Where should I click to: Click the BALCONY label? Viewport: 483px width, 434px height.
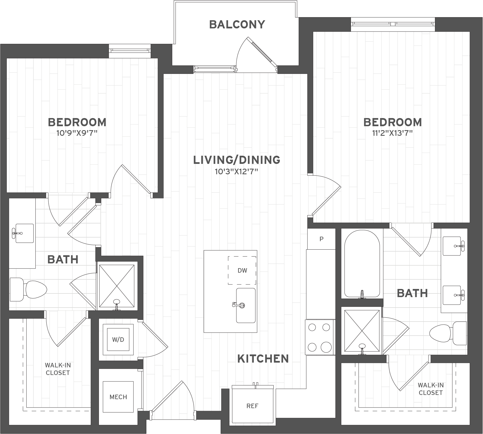point(237,24)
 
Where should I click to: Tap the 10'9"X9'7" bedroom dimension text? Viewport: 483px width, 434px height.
point(77,133)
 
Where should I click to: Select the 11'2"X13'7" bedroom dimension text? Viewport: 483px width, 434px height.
point(393,133)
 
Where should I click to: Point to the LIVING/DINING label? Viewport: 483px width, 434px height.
point(237,160)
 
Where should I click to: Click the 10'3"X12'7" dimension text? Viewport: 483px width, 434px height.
point(237,171)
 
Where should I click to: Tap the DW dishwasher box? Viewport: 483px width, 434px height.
point(242,270)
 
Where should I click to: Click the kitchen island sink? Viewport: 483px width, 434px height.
point(246,305)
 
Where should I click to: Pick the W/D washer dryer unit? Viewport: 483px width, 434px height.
point(118,340)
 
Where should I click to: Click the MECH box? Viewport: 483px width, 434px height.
point(118,397)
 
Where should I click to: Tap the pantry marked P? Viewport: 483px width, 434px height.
point(321,239)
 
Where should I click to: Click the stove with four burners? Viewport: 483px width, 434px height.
point(319,337)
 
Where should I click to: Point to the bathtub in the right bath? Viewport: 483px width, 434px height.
point(362,264)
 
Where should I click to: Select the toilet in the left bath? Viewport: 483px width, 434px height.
point(28,289)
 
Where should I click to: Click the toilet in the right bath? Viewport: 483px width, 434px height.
point(448,333)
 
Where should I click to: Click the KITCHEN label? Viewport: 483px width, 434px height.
point(263,359)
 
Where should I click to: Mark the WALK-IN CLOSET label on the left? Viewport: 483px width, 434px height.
point(58,369)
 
